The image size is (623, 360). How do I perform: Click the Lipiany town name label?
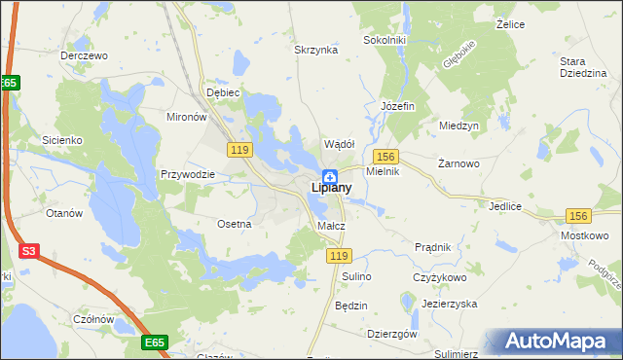coord(330,188)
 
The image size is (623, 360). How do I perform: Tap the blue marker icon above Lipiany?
coord(330,175)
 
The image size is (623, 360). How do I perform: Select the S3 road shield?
coord(30,251)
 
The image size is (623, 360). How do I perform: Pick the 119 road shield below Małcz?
coord(338,255)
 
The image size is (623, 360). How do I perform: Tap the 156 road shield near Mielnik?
coord(385,156)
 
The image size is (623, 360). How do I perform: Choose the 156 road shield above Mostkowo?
coord(579,216)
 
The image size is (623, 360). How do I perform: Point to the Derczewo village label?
coord(83,55)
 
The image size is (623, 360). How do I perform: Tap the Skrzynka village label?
coord(315,49)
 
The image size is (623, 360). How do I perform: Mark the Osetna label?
coord(235,224)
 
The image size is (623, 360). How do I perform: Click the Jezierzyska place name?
coord(449,304)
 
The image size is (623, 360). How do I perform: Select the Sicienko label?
coord(60,140)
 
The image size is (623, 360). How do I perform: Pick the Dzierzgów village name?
coord(393,333)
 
